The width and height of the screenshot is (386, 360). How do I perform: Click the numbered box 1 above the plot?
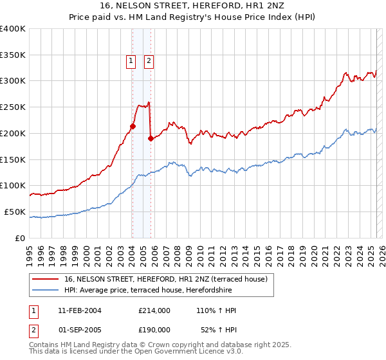[131, 61]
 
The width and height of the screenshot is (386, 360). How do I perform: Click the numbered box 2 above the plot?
[149, 61]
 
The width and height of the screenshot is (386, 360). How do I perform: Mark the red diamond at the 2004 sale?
[133, 127]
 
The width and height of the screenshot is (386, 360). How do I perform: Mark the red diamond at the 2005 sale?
[151, 138]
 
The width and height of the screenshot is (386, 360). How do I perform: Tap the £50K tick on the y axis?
[15, 212]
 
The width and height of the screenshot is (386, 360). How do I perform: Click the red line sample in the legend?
[46, 278]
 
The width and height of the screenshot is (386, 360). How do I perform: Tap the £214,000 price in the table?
[154, 310]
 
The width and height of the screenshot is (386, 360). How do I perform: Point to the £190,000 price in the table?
[154, 329]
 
